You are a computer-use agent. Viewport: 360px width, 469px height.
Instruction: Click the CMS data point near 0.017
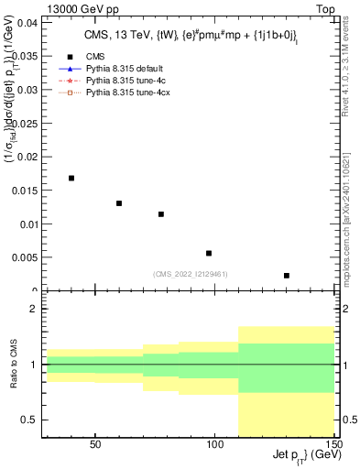[x=71, y=178]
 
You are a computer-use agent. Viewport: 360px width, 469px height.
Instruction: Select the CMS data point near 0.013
[x=119, y=203]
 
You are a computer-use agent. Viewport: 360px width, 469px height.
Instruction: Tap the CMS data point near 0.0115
[x=161, y=214]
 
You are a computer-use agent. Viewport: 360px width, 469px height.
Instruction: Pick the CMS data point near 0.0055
[x=209, y=253]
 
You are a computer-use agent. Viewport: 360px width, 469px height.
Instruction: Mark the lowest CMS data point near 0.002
[x=287, y=275]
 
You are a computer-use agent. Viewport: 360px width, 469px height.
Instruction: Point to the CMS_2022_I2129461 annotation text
[x=191, y=273]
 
